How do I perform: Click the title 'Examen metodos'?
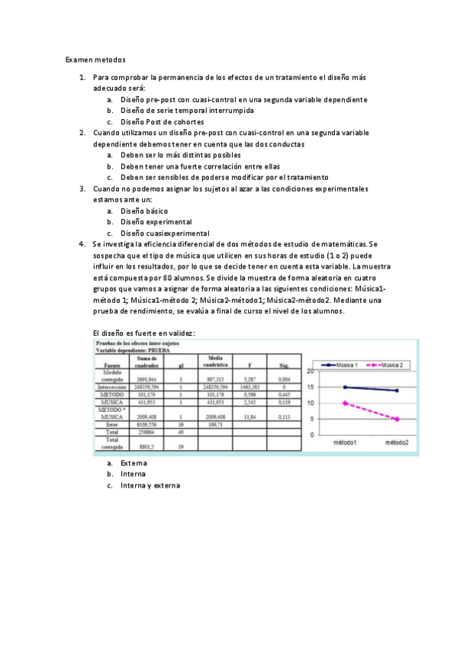pyautogui.click(x=95, y=58)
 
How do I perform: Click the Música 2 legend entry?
pyautogui.click(x=390, y=365)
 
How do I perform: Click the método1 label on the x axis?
pyautogui.click(x=346, y=443)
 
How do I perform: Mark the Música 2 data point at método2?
pyautogui.click(x=397, y=419)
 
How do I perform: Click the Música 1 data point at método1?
pyautogui.click(x=346, y=387)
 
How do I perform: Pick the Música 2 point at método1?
pyautogui.click(x=346, y=403)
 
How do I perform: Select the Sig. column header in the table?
pyautogui.click(x=285, y=365)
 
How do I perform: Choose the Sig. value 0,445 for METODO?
pyautogui.click(x=285, y=394)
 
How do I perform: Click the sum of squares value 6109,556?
pyautogui.click(x=146, y=424)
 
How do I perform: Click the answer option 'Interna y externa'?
pyautogui.click(x=150, y=485)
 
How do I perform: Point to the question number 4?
pyautogui.click(x=81, y=244)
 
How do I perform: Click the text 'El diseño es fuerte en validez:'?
pyautogui.click(x=143, y=333)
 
